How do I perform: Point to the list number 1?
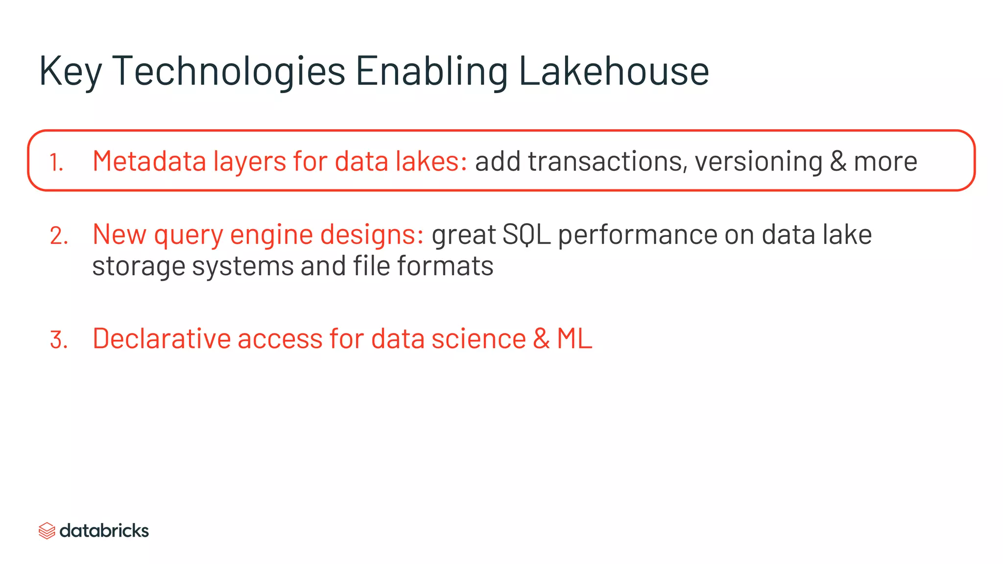(x=56, y=163)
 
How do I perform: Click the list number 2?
(x=59, y=236)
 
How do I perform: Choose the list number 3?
(x=59, y=340)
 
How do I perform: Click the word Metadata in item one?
(x=149, y=161)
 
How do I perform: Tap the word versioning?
(x=758, y=161)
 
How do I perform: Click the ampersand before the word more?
(x=838, y=161)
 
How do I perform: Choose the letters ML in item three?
(x=574, y=339)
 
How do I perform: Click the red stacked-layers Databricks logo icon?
(x=47, y=531)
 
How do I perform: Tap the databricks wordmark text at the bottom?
(x=104, y=531)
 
